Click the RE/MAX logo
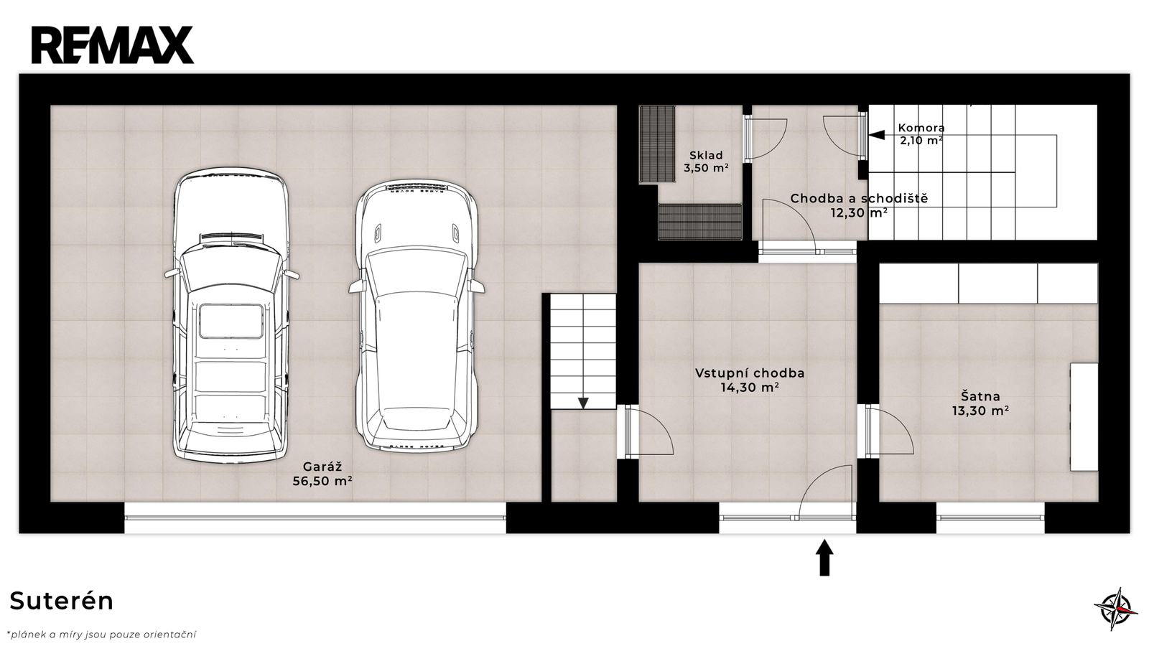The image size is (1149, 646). point(113,45)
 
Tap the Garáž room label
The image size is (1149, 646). point(322,467)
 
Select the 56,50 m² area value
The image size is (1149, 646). point(322,481)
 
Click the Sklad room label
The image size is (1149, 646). point(707,155)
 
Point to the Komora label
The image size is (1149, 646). point(921,128)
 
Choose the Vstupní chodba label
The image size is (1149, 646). point(750,373)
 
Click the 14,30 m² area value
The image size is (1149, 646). point(750,388)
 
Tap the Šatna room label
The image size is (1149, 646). point(981,396)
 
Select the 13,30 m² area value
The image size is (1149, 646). point(981,411)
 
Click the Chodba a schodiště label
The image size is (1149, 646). point(859,198)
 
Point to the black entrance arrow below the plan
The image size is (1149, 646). point(825,558)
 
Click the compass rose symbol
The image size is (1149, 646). point(1116,609)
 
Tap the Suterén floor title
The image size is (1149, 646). point(62,601)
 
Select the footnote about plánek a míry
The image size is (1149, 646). point(101,635)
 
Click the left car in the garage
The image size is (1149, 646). point(231,315)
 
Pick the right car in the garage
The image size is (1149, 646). point(416,315)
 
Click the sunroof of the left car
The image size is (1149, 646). point(231,322)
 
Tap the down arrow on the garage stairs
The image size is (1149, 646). point(583,403)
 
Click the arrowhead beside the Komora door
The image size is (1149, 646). point(877,135)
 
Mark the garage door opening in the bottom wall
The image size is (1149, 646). point(315,518)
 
